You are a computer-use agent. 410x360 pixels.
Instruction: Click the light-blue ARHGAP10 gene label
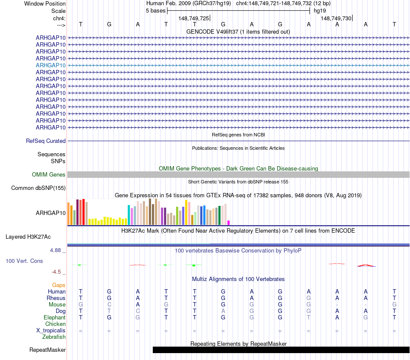pos(50,65)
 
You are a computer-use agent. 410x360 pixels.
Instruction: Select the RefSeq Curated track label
pos(46,141)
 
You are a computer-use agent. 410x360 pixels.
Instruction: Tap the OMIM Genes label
pos(49,175)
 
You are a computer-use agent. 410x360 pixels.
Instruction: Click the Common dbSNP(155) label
pos(38,188)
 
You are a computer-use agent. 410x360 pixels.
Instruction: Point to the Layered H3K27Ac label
pos(28,237)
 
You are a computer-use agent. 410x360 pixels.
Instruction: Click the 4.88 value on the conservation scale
pos(57,250)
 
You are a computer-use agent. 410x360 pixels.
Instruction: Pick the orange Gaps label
pos(59,285)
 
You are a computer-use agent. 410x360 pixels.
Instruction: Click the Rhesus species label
pos(56,298)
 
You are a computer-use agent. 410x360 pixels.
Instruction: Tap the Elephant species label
pos(54,317)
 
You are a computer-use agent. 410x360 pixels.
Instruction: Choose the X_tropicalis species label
pos(51,330)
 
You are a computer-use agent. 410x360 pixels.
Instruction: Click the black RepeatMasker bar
pos(281,350)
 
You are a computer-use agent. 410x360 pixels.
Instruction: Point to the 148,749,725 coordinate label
pos(194,18)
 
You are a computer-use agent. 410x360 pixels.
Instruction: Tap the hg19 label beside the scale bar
pos(320,10)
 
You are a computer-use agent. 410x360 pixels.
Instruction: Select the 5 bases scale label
pos(155,10)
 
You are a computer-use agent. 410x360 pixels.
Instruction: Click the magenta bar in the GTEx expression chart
pos(229,222)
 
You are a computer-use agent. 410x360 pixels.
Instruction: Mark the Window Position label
pos(45,3)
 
